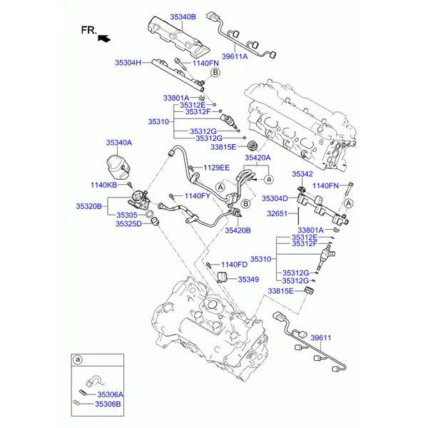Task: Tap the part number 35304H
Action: coord(129,62)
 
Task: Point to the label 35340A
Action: coord(119,143)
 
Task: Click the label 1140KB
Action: coord(103,185)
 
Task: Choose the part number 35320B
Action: coord(89,206)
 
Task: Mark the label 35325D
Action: coord(128,223)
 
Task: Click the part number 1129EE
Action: coord(216,168)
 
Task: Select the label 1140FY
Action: coord(198,195)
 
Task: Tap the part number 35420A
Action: coord(258,158)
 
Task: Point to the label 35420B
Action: coord(238,230)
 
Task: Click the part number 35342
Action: coord(302,173)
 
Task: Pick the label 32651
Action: coord(277,213)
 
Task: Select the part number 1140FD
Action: coord(233,265)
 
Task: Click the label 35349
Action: coord(248,280)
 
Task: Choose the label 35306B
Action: coord(109,404)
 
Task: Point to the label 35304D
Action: coord(275,198)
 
